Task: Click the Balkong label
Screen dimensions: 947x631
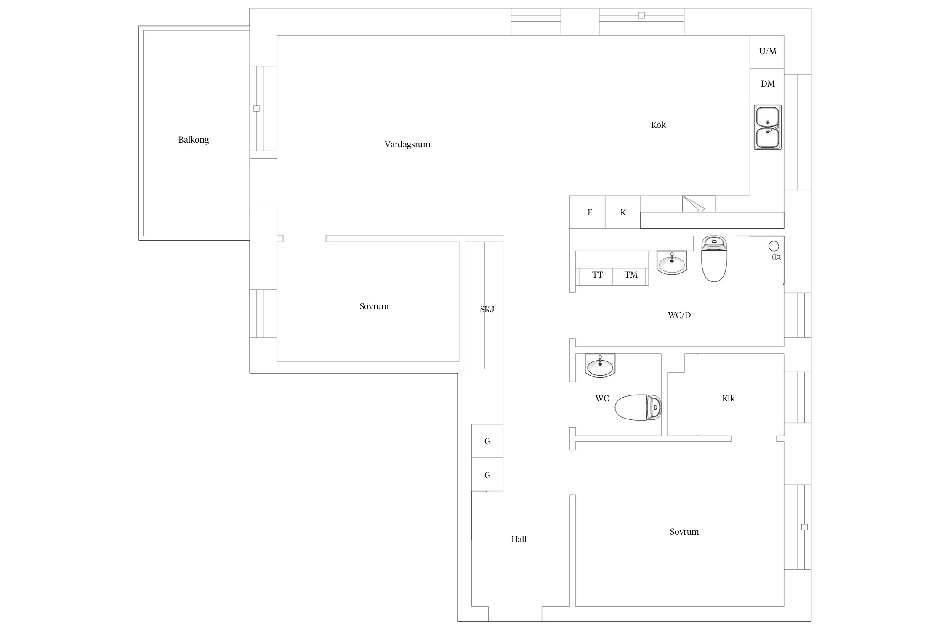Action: click(194, 140)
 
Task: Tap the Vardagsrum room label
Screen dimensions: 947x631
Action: click(407, 144)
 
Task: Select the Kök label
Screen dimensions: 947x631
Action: click(658, 125)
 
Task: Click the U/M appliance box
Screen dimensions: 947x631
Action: click(767, 52)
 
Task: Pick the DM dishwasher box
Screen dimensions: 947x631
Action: click(767, 84)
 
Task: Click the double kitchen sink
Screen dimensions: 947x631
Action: click(768, 127)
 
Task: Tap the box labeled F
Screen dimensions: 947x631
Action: click(588, 212)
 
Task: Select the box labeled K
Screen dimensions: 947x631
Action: click(623, 212)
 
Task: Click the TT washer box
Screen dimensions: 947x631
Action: click(596, 276)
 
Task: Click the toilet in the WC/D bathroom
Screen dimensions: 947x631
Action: click(714, 259)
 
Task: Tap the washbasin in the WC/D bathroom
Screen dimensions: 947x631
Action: click(672, 263)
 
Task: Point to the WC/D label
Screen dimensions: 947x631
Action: click(679, 315)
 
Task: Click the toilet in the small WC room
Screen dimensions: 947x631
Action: click(638, 407)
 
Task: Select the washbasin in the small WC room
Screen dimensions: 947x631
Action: click(600, 366)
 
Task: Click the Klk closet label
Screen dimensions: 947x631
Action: click(728, 398)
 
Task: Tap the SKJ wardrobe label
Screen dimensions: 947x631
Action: click(487, 309)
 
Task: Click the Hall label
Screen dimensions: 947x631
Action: click(519, 539)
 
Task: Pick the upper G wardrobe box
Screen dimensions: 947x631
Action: click(487, 441)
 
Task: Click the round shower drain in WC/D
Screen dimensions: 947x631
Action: click(774, 246)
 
